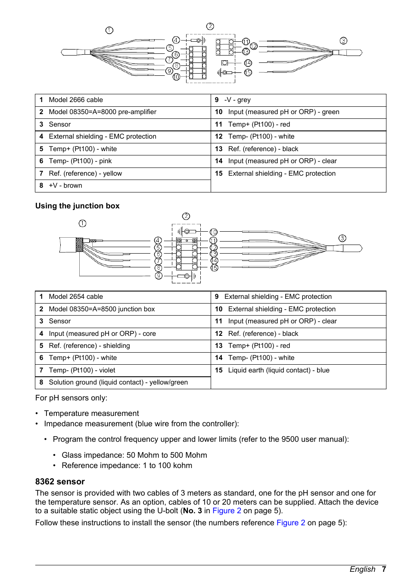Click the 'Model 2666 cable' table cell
(x=76, y=100)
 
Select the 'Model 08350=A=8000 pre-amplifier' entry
(x=103, y=112)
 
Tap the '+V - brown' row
(x=65, y=186)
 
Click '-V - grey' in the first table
(x=237, y=100)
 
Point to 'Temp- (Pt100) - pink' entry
(x=80, y=161)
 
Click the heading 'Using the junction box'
(x=78, y=206)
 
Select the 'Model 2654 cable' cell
(x=76, y=297)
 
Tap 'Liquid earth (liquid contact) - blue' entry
(x=279, y=370)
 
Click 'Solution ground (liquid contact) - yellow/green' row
(x=118, y=382)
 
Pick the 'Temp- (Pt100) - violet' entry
(x=82, y=370)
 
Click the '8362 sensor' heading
(x=60, y=481)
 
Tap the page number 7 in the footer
(x=383, y=569)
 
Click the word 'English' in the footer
(x=362, y=569)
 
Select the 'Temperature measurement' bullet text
(x=91, y=413)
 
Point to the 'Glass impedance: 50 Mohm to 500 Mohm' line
(x=134, y=455)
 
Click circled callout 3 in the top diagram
(x=343, y=41)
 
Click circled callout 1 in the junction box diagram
(x=82, y=223)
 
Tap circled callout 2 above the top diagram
(x=210, y=26)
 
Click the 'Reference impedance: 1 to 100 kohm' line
(x=127, y=465)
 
